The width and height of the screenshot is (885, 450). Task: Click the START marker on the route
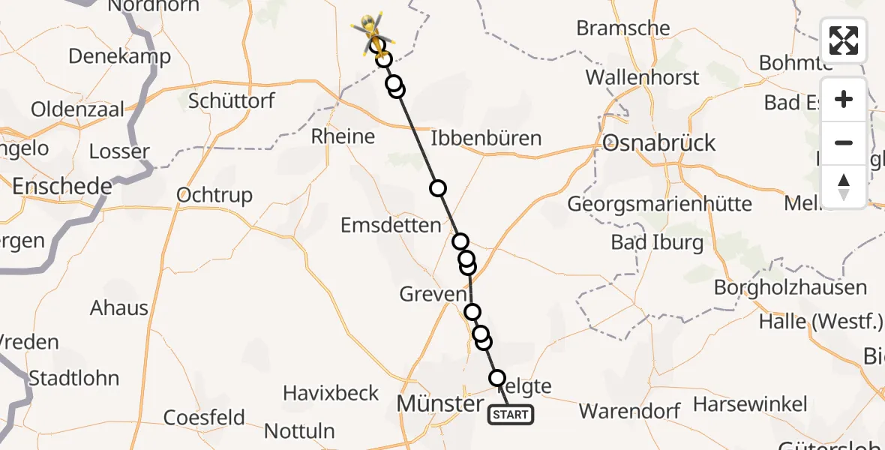pyautogui.click(x=511, y=414)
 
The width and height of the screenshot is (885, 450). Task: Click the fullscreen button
pyautogui.click(x=844, y=40)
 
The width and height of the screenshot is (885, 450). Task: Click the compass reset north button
pyautogui.click(x=844, y=185)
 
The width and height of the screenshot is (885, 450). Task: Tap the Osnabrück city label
pyautogui.click(x=659, y=142)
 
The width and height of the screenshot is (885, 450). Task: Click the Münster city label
pyautogui.click(x=440, y=403)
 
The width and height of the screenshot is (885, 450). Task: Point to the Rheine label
pyautogui.click(x=343, y=136)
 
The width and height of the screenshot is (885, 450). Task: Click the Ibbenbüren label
pyautogui.click(x=486, y=139)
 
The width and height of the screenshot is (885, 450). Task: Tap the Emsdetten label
pyautogui.click(x=391, y=225)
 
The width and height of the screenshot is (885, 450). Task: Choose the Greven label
pyautogui.click(x=433, y=294)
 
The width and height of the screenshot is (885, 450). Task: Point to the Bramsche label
pyautogui.click(x=622, y=28)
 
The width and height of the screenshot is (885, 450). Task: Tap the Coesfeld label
pyautogui.click(x=204, y=417)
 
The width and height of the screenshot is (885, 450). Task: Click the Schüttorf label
pyautogui.click(x=232, y=100)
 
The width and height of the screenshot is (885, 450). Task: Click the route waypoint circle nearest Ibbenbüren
pyautogui.click(x=437, y=188)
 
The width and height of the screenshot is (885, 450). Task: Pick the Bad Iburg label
pyautogui.click(x=657, y=241)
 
